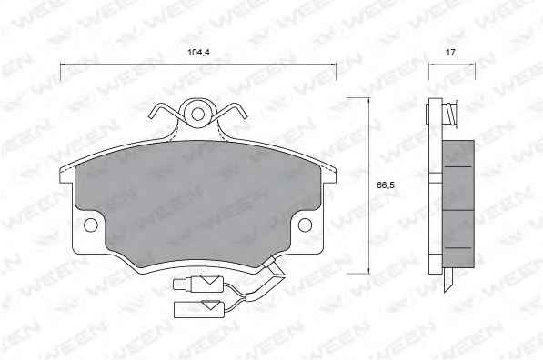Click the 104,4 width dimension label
click(x=198, y=53)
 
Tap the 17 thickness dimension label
click(x=450, y=53)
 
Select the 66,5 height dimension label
click(x=386, y=185)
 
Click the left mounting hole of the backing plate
click(x=91, y=225)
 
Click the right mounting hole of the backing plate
click(x=305, y=225)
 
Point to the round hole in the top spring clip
click(x=197, y=114)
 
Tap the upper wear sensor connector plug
click(x=196, y=284)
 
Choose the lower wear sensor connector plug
click(x=199, y=309)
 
